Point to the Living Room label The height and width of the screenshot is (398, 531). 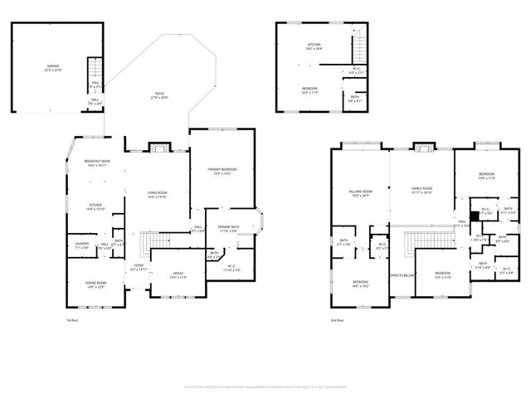(158, 194)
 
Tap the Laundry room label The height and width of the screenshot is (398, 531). (81, 245)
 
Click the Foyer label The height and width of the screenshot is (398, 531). (139, 268)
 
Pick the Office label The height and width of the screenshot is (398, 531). (177, 275)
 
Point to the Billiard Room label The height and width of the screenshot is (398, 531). (360, 194)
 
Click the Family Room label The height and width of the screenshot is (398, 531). (422, 191)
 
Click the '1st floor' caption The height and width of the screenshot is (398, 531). (72, 319)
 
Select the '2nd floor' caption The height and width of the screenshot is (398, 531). (338, 319)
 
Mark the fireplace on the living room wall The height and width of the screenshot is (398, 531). (158, 148)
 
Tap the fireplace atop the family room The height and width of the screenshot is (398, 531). (423, 148)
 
